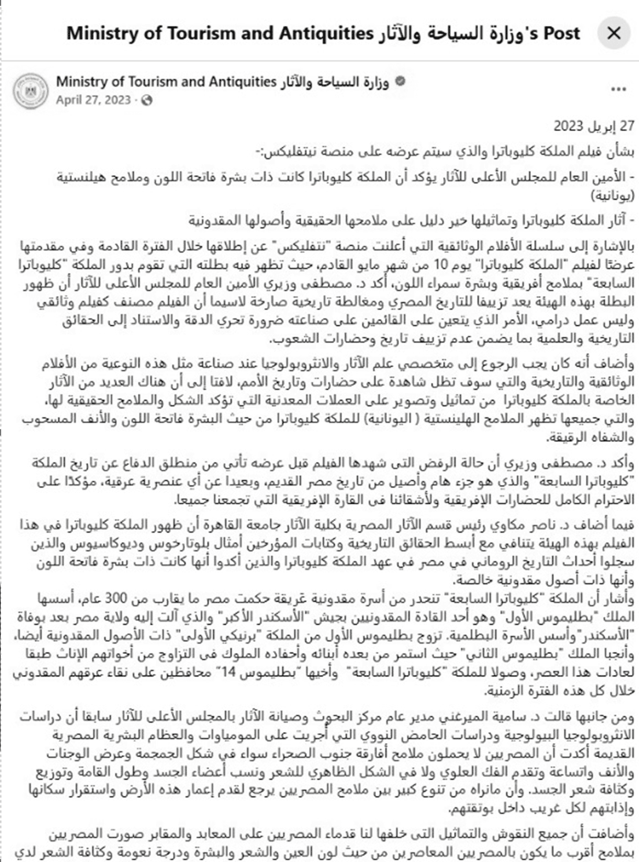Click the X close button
click(x=614, y=33)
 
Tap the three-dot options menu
click(x=618, y=89)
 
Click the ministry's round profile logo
click(x=31, y=90)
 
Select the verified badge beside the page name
click(x=399, y=81)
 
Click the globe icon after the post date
click(x=147, y=100)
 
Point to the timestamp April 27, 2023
click(x=93, y=100)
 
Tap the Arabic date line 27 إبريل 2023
click(x=594, y=126)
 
